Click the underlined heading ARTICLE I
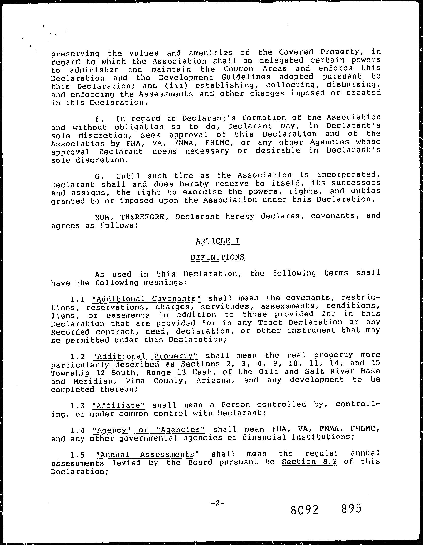(218, 241)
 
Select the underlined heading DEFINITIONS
(218, 257)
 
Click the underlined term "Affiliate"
(118, 405)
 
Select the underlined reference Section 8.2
(309, 461)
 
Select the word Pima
(135, 381)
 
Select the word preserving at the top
(75, 54)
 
